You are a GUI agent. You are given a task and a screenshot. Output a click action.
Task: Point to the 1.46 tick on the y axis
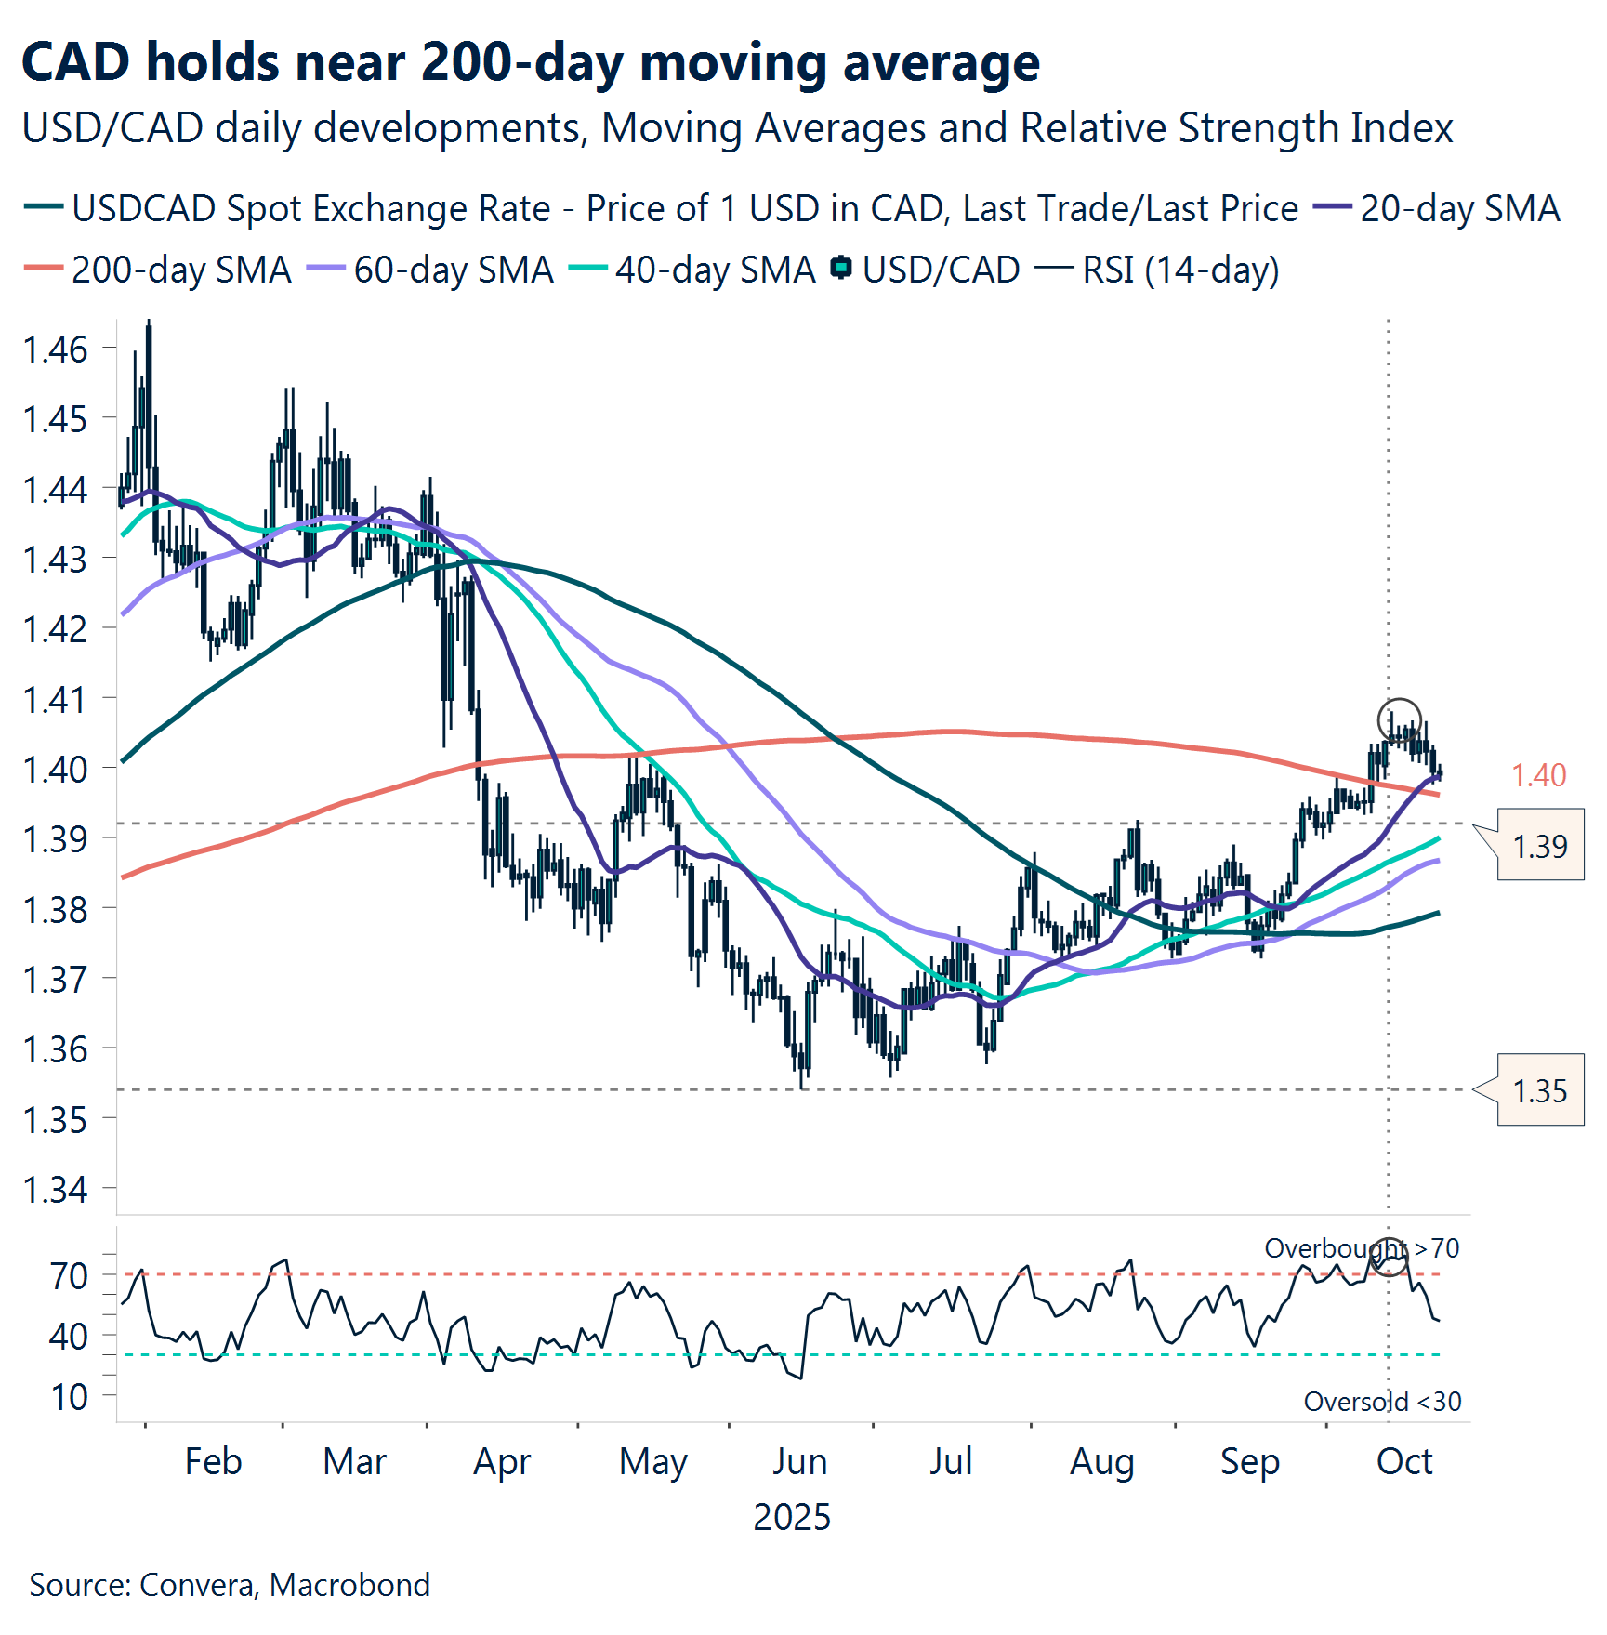[x=55, y=349]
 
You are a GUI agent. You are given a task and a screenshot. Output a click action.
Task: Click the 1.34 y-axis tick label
[x=55, y=1190]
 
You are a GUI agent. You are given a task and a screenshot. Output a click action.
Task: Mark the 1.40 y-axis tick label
[x=55, y=770]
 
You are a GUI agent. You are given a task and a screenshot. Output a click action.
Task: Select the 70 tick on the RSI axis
[x=70, y=1276]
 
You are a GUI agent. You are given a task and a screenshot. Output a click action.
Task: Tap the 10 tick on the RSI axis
[x=70, y=1396]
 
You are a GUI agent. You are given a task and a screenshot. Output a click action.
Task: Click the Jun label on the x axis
[x=799, y=1462]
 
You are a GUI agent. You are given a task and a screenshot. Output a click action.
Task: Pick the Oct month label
[x=1404, y=1462]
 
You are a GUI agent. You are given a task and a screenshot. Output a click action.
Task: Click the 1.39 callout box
[x=1539, y=846]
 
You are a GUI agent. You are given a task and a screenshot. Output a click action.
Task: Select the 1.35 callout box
[x=1539, y=1090]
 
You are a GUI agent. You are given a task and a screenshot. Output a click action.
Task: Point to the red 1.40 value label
[x=1538, y=775]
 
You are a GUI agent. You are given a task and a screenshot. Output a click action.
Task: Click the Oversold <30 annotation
[x=1382, y=1401]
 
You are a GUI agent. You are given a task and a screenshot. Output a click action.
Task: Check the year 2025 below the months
[x=791, y=1517]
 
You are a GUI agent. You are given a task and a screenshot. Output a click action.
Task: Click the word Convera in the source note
[x=199, y=1585]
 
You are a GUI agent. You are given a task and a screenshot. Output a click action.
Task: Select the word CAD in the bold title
[x=75, y=63]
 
